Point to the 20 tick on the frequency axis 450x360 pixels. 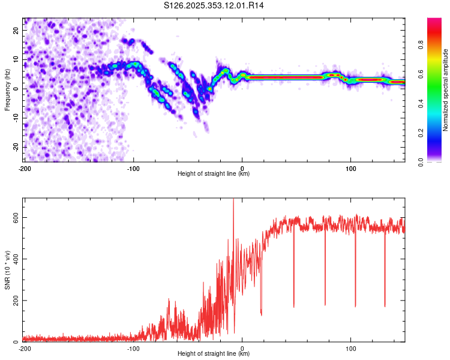[x=16, y=30]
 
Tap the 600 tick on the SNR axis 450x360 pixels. [x=14, y=218]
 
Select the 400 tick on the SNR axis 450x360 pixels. [x=14, y=259]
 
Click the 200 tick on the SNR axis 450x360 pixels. [x=14, y=301]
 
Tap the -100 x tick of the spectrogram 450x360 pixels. [x=133, y=169]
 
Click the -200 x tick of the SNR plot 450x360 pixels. [x=25, y=349]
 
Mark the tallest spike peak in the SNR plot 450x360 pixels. [x=233, y=200]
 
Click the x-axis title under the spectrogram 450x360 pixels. [x=214, y=174]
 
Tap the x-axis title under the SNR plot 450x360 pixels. [x=214, y=354]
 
